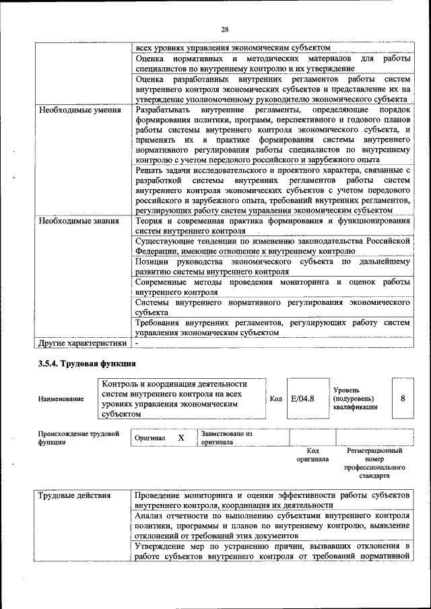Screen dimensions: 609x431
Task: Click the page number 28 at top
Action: pos(224,29)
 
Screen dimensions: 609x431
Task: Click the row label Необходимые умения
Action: pos(79,110)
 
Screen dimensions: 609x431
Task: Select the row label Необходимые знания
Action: pos(78,221)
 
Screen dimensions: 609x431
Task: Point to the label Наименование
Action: pos(61,399)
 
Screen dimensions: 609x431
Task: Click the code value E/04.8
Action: pos(302,398)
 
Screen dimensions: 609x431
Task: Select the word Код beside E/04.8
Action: pos(275,399)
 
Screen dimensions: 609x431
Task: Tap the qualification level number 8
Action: pos(403,398)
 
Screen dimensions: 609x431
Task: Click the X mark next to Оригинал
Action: pos(180,438)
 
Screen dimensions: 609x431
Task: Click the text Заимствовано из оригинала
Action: pos(226,438)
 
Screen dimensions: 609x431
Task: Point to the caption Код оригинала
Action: pos(312,455)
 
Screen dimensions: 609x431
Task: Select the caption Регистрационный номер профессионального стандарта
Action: pos(374,462)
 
